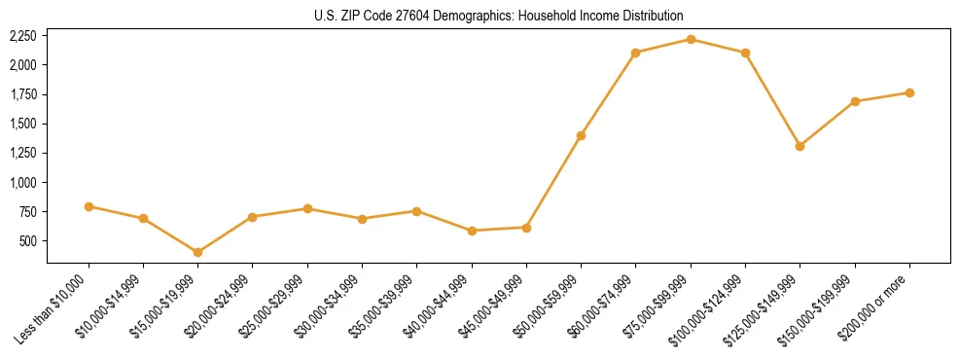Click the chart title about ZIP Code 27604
[x=498, y=16]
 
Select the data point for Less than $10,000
[x=89, y=206]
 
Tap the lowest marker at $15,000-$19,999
[x=197, y=252]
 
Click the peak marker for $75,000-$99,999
[x=691, y=39]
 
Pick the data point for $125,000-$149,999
[x=800, y=146]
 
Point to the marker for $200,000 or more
[x=909, y=92]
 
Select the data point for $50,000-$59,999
[x=581, y=135]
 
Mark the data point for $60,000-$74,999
[x=635, y=53]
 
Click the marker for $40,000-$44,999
[x=472, y=231]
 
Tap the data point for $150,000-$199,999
[x=855, y=101]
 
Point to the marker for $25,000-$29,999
[x=307, y=208]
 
